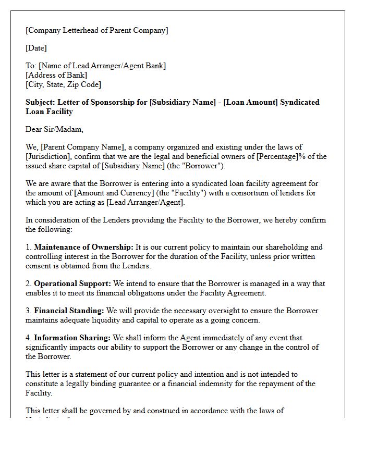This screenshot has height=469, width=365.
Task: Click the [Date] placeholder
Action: (x=36, y=48)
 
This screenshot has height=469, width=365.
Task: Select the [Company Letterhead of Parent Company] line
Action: (x=97, y=30)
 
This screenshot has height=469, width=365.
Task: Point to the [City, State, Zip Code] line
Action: (x=64, y=84)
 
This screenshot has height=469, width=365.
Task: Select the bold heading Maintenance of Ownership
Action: (x=83, y=247)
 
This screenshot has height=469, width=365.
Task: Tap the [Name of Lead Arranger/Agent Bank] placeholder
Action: (x=102, y=66)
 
